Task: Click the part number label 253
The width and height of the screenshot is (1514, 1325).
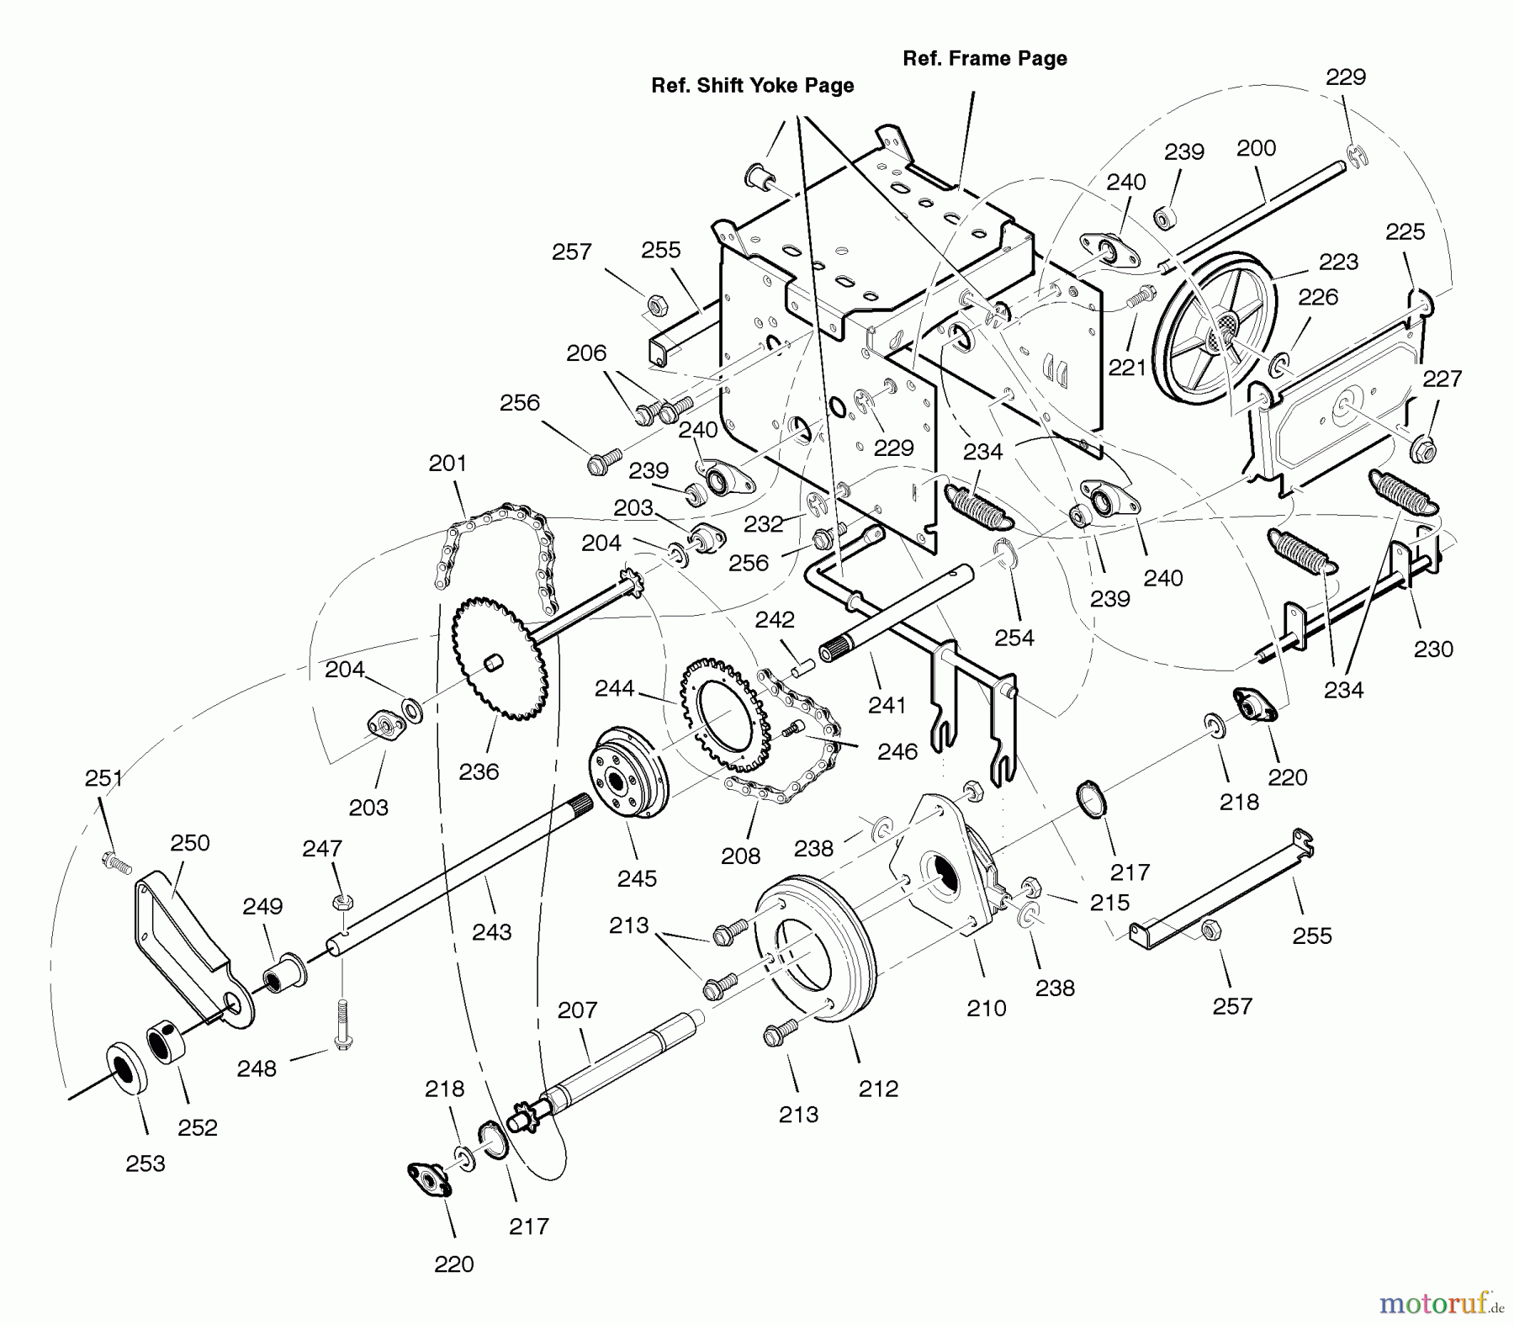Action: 146,1163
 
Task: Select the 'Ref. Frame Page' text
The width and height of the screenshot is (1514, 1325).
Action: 984,59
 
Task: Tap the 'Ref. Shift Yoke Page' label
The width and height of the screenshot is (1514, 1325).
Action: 752,86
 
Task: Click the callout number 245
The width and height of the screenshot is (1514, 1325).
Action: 637,878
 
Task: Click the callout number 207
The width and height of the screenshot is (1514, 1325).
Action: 577,1010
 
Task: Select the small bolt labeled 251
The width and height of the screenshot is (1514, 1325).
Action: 116,861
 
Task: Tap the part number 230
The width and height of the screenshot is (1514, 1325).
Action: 1433,649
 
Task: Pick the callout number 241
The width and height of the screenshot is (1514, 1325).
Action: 887,705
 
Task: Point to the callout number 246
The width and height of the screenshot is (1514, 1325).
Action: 897,751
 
